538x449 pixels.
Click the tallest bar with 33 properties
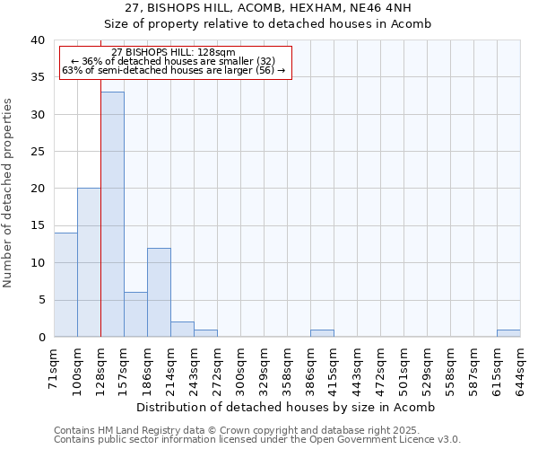coord(112,215)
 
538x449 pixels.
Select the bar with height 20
coord(89,262)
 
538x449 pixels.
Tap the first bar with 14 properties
coord(65,285)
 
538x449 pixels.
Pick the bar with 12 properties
coord(159,292)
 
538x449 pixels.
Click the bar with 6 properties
coord(135,314)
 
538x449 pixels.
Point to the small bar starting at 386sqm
coord(322,333)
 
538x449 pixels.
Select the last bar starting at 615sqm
coord(508,333)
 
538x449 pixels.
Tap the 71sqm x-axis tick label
coord(55,364)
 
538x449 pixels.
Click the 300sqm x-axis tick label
coord(241,364)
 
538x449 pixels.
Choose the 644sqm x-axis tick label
coord(521,364)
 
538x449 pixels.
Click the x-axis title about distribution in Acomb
coord(287,407)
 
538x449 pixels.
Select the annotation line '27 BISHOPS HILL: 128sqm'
coord(175,52)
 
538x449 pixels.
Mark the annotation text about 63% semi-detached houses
coord(175,70)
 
